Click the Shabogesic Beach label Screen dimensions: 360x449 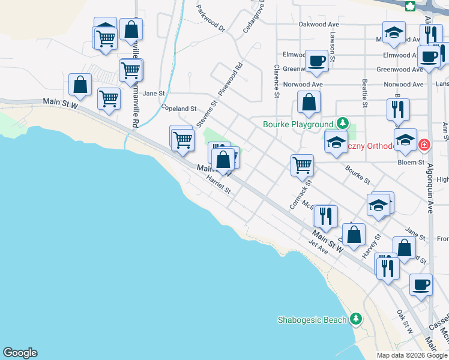click(312, 320)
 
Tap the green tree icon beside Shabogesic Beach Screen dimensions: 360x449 click(356, 318)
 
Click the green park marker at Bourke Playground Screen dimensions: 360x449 click(342, 124)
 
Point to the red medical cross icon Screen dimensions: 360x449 click(424, 145)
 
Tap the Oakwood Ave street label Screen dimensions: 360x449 click(319, 25)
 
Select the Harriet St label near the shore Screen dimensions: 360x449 click(218, 185)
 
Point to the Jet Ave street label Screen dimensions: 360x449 click(318, 247)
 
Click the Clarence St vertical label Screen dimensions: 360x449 click(277, 81)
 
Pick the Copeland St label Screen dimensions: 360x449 click(179, 108)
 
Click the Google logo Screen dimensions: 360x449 click(20, 353)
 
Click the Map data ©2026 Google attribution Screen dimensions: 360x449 click(412, 355)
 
